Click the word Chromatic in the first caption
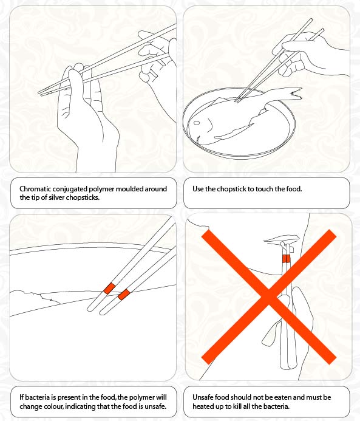35,189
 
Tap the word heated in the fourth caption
202,406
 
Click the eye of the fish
197,123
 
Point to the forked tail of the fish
295,94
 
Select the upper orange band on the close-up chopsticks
109,289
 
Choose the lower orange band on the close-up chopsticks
124,295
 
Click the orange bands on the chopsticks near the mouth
286,259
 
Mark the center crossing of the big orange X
268,296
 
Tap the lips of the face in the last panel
281,239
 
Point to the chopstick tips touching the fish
237,100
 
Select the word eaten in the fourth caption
287,397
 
